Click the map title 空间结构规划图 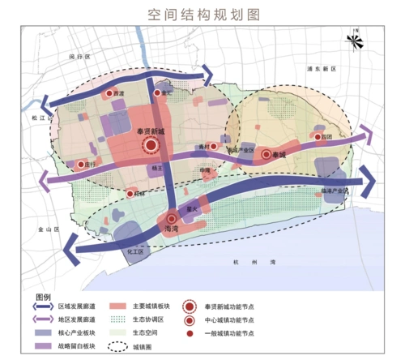click(x=202, y=15)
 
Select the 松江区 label click(x=40, y=118)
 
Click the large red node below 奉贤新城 click(x=151, y=146)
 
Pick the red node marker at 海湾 click(x=172, y=218)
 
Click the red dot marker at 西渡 click(x=110, y=94)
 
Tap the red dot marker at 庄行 click(x=80, y=165)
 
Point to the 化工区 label click(x=134, y=252)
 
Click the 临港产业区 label click(x=334, y=191)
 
